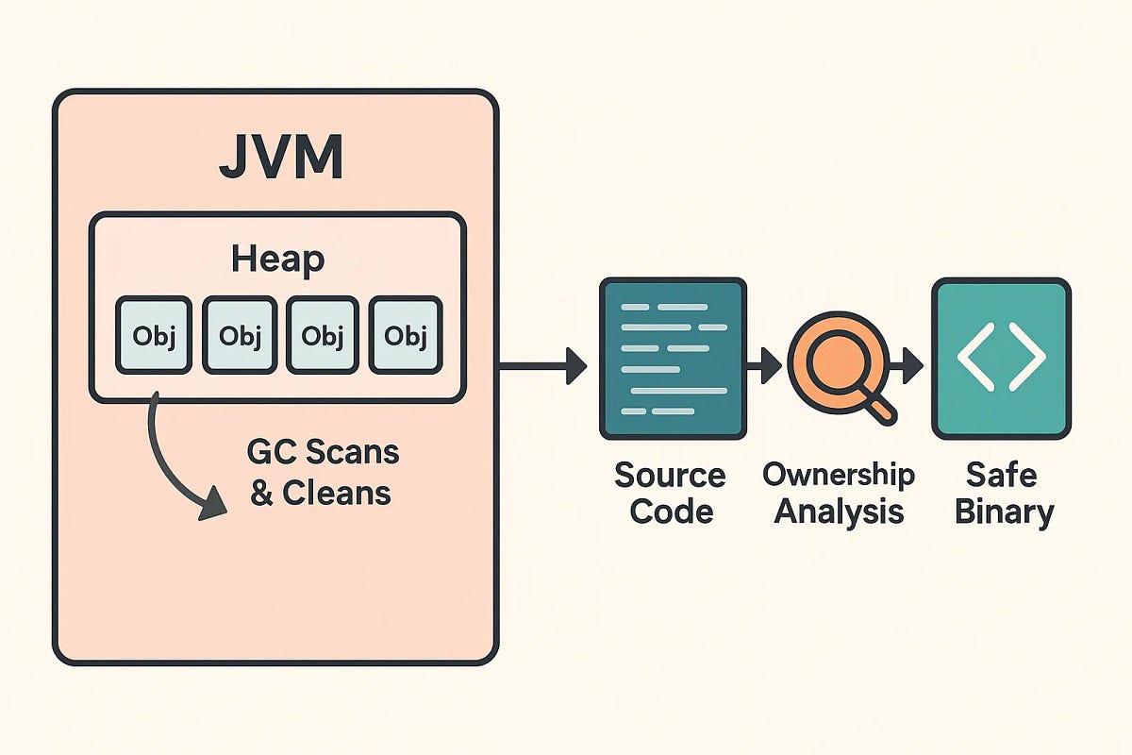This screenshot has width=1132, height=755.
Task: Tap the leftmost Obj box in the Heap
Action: (154, 335)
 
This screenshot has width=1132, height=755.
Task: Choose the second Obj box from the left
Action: (239, 335)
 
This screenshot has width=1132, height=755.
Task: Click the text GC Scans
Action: (323, 453)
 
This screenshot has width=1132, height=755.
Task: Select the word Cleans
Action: (336, 493)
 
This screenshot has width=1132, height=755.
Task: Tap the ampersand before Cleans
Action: (261, 493)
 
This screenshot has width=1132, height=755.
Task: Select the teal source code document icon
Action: (673, 360)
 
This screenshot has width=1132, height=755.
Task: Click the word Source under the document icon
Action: (670, 475)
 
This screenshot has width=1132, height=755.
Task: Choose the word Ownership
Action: (839, 475)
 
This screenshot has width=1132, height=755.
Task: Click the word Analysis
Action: (839, 512)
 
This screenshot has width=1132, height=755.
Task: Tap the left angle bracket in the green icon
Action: (974, 359)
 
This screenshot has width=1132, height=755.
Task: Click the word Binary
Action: (1004, 512)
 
